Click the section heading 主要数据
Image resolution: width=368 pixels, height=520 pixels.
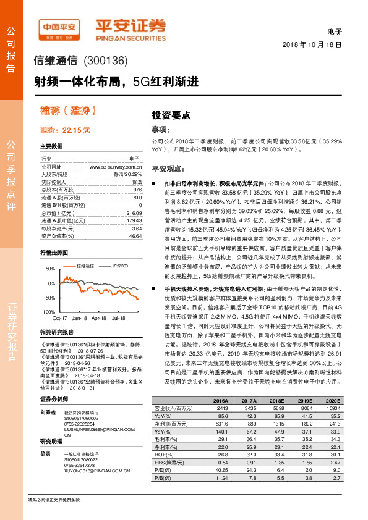(51, 146)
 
